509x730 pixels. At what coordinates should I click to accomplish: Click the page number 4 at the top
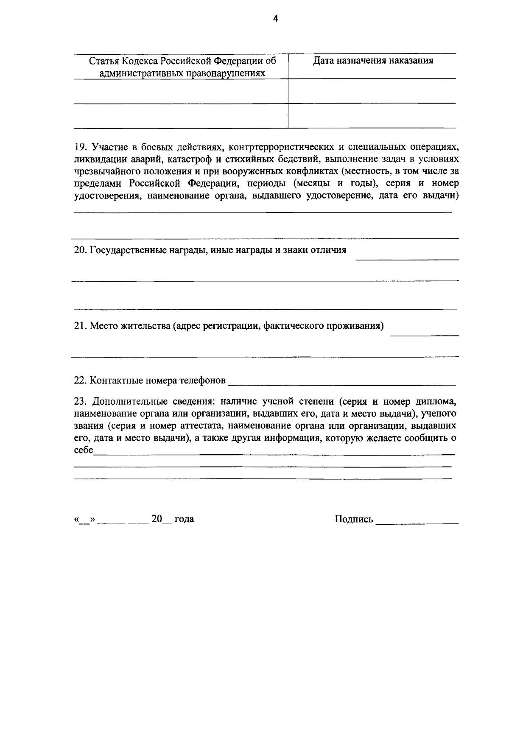[x=275, y=19]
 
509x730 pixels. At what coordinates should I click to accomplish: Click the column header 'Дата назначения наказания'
[x=373, y=61]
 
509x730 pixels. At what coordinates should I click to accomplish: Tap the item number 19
[x=80, y=148]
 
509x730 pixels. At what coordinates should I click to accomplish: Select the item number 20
[x=80, y=250]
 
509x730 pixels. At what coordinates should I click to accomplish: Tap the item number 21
[x=80, y=326]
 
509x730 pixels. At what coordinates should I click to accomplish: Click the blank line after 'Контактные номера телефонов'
[x=341, y=381]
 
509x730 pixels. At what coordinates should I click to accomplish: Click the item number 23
[x=80, y=401]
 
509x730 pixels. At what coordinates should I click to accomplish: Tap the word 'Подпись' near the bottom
[x=354, y=519]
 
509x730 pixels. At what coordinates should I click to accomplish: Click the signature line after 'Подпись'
[x=417, y=521]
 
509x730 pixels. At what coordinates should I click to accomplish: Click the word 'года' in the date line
[x=184, y=519]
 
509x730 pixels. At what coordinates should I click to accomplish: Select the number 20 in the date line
[x=157, y=519]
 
